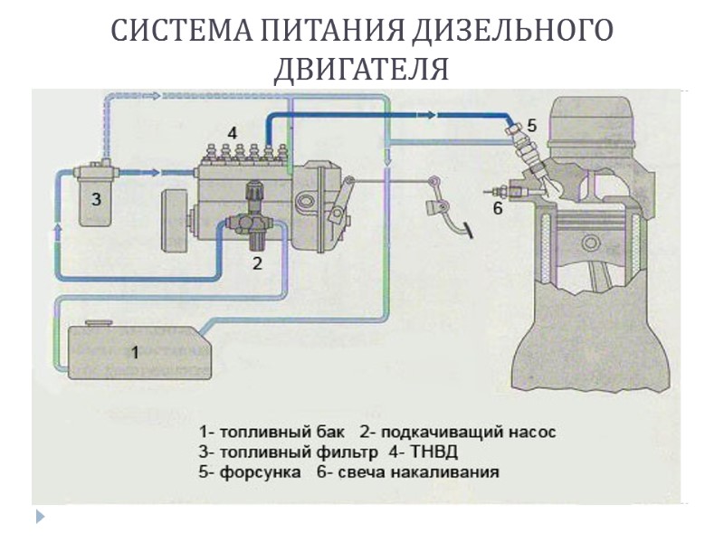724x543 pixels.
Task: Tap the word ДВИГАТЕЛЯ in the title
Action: coord(361,70)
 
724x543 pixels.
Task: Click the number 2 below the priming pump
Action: coord(257,263)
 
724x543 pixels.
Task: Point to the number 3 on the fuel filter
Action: coord(95,197)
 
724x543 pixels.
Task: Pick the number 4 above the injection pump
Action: coord(233,133)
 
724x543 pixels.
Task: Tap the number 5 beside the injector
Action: coord(532,126)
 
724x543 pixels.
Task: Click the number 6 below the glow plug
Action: coord(497,208)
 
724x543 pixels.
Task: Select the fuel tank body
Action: coord(136,353)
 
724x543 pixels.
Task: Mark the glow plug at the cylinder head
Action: coord(500,191)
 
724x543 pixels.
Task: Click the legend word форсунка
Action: coord(260,472)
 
